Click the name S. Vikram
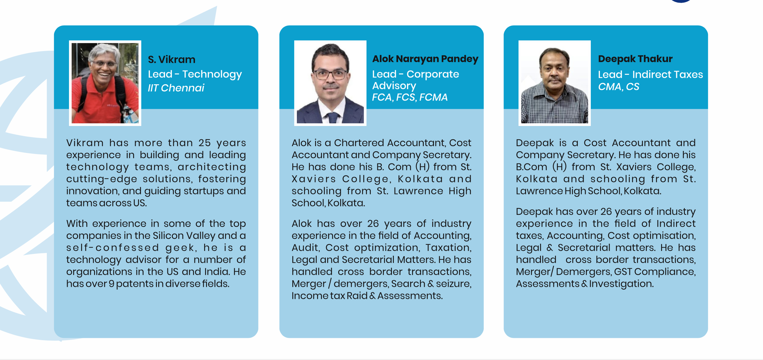172,60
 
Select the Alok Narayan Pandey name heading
425,59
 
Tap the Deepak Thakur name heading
635,59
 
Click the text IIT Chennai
176,88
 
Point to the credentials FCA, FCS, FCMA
410,97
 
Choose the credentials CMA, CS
618,87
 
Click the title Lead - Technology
195,75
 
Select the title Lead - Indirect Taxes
650,75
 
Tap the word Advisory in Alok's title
394,86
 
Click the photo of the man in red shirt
105,83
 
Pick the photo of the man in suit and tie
330,83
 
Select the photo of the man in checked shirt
555,83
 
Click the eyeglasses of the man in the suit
330,74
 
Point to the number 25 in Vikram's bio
205,143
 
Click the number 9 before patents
111,284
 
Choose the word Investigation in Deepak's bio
621,284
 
